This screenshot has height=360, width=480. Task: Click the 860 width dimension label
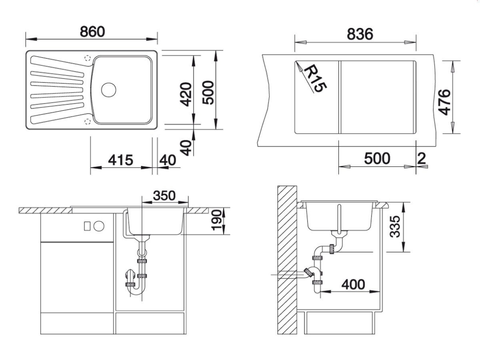point(92,32)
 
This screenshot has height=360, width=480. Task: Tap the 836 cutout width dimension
point(360,34)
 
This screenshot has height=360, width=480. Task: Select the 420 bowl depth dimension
point(186,94)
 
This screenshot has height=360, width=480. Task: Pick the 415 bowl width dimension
point(121,160)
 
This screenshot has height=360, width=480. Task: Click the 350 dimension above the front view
point(164,196)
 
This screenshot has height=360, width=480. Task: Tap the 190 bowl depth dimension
point(217,220)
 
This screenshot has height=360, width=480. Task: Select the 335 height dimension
point(395,226)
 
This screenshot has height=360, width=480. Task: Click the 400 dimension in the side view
point(353,285)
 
